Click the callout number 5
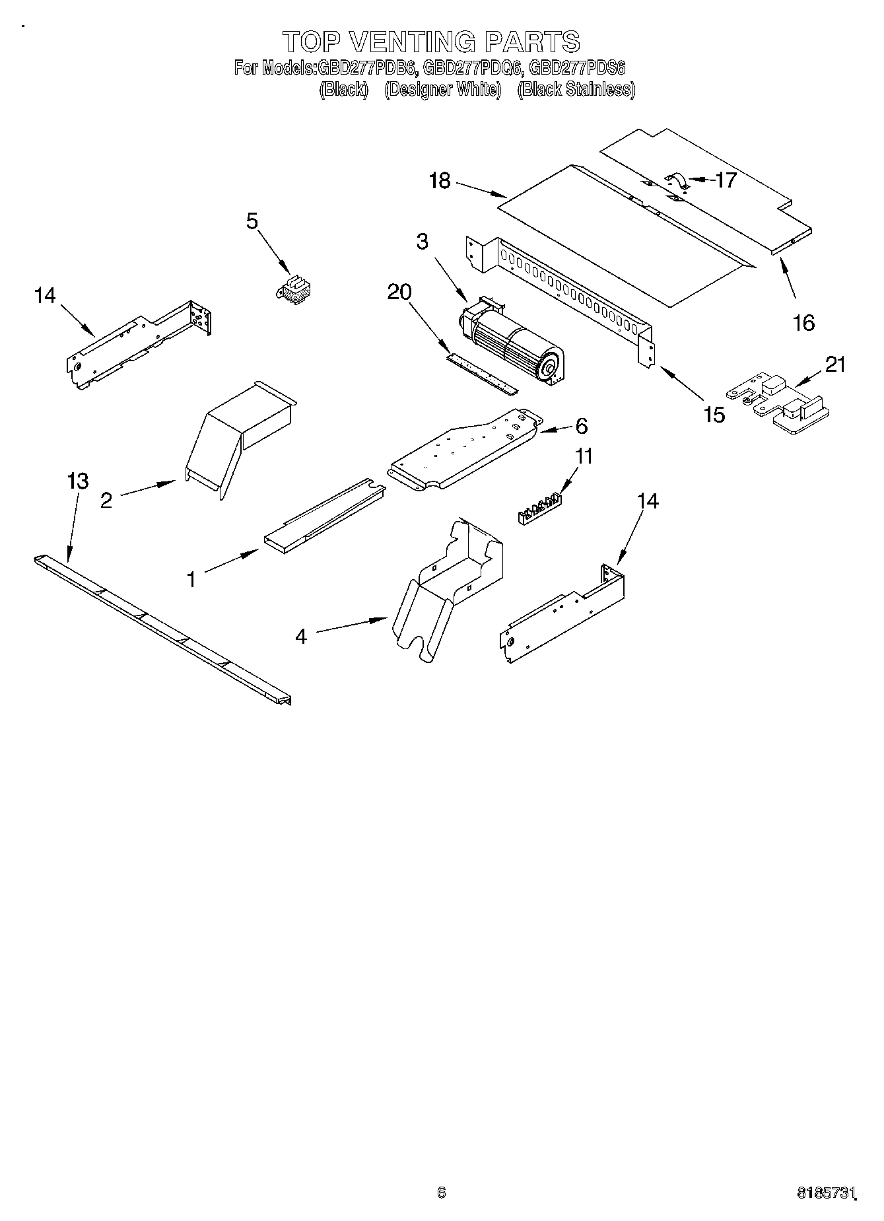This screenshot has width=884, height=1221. (x=252, y=221)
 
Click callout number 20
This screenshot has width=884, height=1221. (x=399, y=292)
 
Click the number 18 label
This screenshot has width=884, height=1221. (x=440, y=180)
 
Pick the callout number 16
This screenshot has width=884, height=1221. (x=803, y=323)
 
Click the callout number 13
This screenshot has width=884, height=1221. (x=78, y=481)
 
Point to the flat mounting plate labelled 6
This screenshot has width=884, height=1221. (x=465, y=449)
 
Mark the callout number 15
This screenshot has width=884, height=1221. (x=714, y=415)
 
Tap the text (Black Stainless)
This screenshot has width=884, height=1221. (x=576, y=90)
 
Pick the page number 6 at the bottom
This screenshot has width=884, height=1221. (x=442, y=1192)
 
